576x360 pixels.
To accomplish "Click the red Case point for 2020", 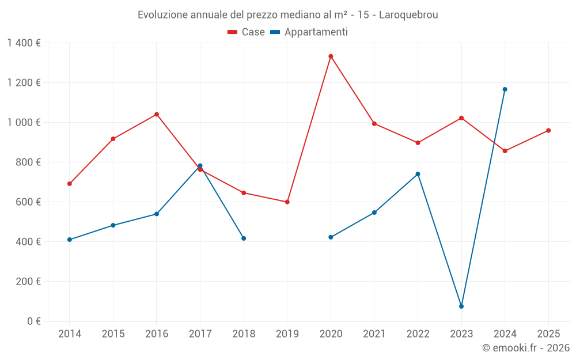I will pyautogui.click(x=331, y=56).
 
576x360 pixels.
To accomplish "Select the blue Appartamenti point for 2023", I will pyautogui.click(x=461, y=306).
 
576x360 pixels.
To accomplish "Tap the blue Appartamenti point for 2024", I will pyautogui.click(x=505, y=89).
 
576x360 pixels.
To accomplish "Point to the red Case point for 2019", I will pyautogui.click(x=287, y=202).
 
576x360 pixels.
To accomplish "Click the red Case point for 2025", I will pyautogui.click(x=548, y=131).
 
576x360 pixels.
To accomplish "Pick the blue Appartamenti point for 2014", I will pyautogui.click(x=70, y=240).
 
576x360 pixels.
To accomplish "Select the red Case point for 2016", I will pyautogui.click(x=157, y=115).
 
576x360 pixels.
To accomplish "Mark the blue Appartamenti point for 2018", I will pyautogui.click(x=244, y=238).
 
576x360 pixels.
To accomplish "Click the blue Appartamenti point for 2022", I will pyautogui.click(x=418, y=174).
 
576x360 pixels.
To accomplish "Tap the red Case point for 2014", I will pyautogui.click(x=70, y=184).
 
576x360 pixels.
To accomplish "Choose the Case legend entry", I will pyautogui.click(x=247, y=32).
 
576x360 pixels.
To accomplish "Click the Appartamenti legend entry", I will pyautogui.click(x=309, y=32).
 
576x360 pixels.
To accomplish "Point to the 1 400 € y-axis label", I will pyautogui.click(x=24, y=43).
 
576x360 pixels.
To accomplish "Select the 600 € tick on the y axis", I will pyautogui.click(x=28, y=202).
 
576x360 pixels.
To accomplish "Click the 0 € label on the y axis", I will pyautogui.click(x=34, y=321).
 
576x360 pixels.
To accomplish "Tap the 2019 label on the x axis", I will pyautogui.click(x=287, y=334).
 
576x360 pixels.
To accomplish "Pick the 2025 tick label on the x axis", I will pyautogui.click(x=548, y=334).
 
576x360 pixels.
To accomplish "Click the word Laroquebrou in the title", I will pyautogui.click(x=408, y=15).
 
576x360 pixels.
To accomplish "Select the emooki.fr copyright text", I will pyautogui.click(x=525, y=348).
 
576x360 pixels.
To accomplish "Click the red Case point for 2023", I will pyautogui.click(x=461, y=118).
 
